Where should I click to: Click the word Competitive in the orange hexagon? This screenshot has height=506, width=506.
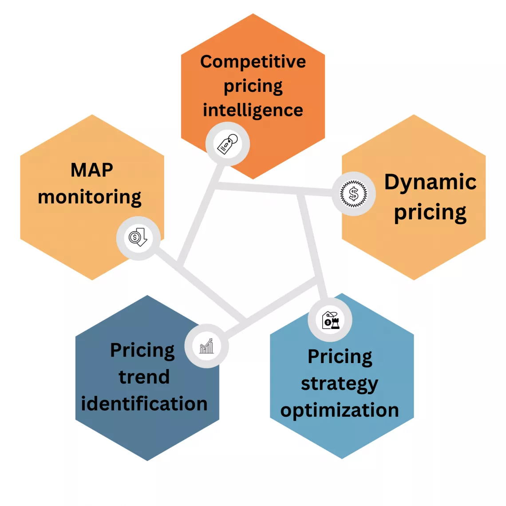click(x=253, y=62)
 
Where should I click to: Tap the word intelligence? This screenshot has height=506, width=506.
click(x=253, y=110)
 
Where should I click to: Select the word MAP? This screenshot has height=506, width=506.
click(x=92, y=170)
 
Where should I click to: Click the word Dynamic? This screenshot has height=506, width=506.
click(x=430, y=182)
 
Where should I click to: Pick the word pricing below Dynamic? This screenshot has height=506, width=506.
click(x=430, y=213)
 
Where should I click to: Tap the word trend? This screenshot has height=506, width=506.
click(x=144, y=377)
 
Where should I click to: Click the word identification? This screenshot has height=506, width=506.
click(x=144, y=404)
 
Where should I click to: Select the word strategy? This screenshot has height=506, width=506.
click(x=340, y=384)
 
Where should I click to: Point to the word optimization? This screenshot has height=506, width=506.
click(x=340, y=411)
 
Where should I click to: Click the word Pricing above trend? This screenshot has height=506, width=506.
click(x=142, y=351)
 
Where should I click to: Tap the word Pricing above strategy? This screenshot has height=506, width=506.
click(x=340, y=357)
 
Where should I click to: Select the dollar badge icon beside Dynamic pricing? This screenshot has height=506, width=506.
click(x=354, y=194)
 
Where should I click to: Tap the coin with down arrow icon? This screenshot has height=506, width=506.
click(x=138, y=238)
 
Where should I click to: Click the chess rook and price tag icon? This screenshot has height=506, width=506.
click(x=330, y=320)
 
